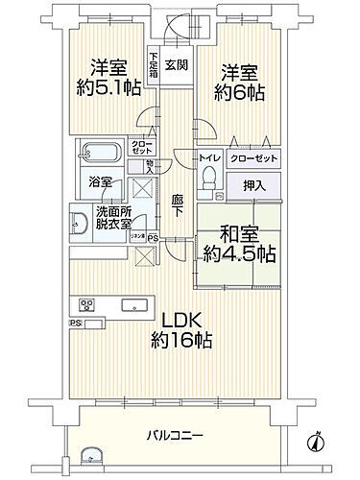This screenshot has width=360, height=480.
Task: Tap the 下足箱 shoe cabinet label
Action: pos(153,66)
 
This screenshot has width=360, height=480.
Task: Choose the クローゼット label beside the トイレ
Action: pos(254,157)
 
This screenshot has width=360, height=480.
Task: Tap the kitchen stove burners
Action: pos(87,306)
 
